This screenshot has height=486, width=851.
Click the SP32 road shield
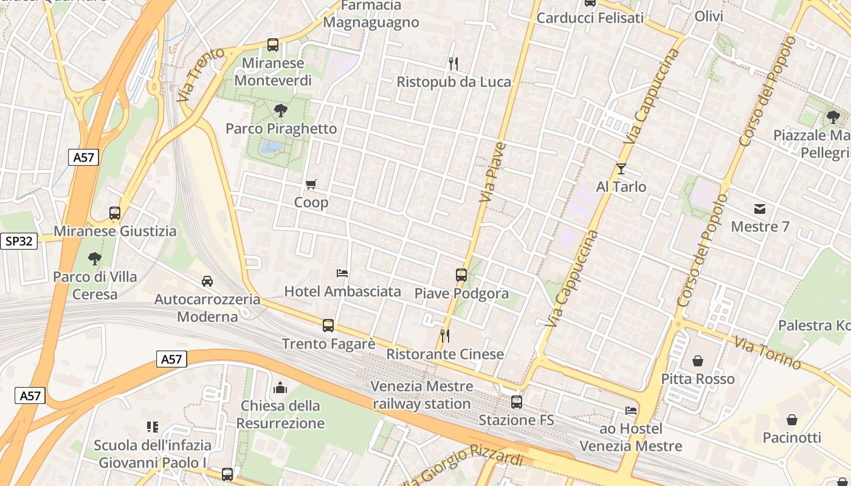click(19, 241)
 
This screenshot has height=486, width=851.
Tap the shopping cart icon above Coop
click(311, 184)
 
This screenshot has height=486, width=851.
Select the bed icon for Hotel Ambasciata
click(342, 273)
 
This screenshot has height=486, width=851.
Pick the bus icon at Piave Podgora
click(461, 275)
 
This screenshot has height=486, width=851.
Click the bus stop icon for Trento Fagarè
click(328, 326)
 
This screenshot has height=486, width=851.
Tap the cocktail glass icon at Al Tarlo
click(621, 168)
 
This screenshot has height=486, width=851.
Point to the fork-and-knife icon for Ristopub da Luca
click(453, 63)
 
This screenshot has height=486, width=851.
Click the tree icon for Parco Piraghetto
click(280, 111)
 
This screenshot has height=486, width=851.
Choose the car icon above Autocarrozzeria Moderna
click(207, 281)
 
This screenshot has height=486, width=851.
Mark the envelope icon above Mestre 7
click(760, 209)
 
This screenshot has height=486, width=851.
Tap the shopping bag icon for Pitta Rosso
click(698, 361)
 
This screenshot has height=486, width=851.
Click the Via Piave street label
click(493, 172)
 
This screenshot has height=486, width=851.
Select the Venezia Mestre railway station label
click(422, 395)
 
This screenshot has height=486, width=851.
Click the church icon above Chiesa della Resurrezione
click(280, 388)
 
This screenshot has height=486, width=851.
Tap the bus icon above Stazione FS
click(517, 402)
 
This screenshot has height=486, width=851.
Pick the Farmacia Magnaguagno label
click(371, 14)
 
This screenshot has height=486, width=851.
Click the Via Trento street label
click(201, 74)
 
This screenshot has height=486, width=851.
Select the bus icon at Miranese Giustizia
click(115, 213)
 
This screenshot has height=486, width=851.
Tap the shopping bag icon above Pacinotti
click(792, 420)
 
